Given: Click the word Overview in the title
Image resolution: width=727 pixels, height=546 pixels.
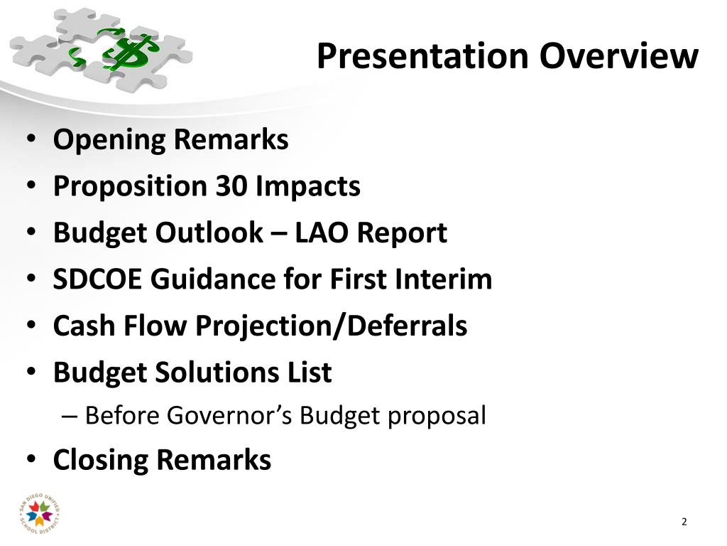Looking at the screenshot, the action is tap(618, 57).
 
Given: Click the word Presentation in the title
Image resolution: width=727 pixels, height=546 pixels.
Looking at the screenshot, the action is tap(422, 57).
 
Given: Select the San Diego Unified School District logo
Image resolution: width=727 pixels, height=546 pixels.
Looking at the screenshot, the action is tap(40, 514).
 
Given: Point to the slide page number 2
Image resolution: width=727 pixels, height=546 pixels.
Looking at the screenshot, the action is tap(684, 522).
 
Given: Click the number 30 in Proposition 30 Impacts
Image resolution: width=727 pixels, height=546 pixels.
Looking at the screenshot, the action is tap(231, 186).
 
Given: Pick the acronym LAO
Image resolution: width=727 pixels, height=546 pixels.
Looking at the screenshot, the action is tap(322, 232).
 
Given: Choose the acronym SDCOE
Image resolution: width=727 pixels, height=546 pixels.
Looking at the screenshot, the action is tap(97, 279).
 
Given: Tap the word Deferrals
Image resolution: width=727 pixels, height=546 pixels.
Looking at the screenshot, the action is tap(407, 326).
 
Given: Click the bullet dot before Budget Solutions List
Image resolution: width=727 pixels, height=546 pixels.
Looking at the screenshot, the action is tap(31, 373).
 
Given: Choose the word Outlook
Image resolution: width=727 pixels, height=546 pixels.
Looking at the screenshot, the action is tap(209, 232).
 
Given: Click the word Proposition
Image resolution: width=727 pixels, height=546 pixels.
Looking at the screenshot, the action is tap(130, 187).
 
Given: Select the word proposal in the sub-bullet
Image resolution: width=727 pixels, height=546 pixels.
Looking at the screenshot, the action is tap(437, 416).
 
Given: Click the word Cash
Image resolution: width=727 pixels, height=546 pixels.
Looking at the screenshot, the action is tap(84, 326).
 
